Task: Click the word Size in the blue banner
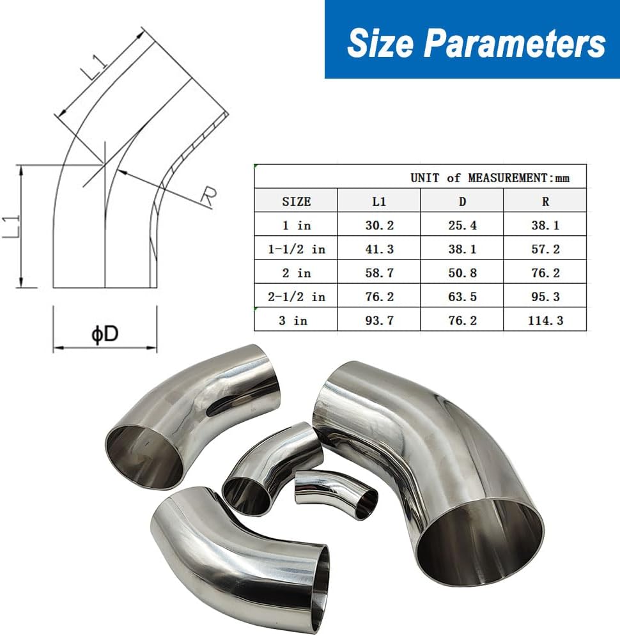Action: click(x=380, y=43)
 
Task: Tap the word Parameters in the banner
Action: click(x=515, y=43)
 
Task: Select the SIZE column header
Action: click(x=297, y=201)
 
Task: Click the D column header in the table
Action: click(x=462, y=201)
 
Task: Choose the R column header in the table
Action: click(x=545, y=201)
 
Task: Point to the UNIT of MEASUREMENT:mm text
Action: click(x=490, y=178)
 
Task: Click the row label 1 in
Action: click(x=297, y=225)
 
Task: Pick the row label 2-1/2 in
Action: click(x=297, y=297)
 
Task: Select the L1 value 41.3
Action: click(x=380, y=249)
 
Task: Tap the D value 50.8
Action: click(x=462, y=273)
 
